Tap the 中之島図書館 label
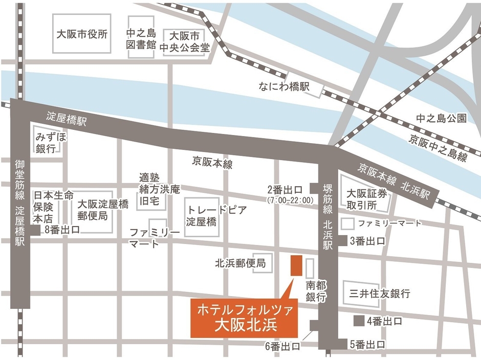pyautogui.click(x=141, y=38)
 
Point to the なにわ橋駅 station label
pyautogui.click(x=285, y=87)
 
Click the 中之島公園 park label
pyautogui.click(x=441, y=119)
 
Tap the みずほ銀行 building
pyautogui.click(x=49, y=143)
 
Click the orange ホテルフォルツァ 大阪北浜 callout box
pyautogui.click(x=238, y=317)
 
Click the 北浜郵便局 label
pyautogui.click(x=240, y=263)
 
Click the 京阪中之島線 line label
pyautogui.click(x=438, y=147)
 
